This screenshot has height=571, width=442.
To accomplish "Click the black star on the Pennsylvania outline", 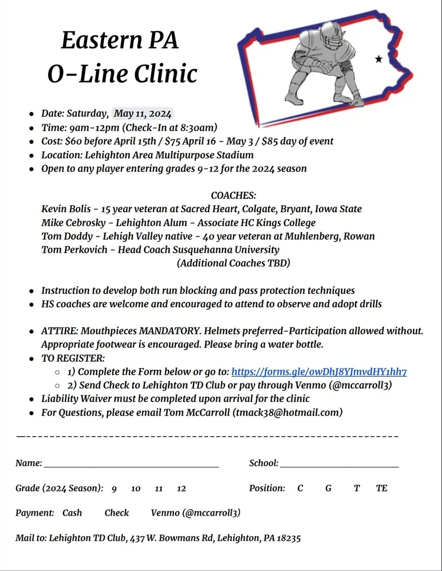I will [x=379, y=59].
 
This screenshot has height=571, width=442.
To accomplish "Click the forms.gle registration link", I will [x=319, y=372].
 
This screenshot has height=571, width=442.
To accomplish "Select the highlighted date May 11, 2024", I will [x=143, y=114].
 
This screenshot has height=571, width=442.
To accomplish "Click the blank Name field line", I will [x=131, y=464].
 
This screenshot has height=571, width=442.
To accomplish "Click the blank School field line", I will [x=339, y=464].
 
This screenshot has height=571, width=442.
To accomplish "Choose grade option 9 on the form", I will [x=114, y=489].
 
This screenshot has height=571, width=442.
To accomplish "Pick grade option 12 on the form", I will [x=182, y=489].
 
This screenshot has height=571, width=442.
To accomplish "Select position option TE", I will [x=381, y=488].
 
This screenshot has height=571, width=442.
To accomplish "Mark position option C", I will [x=300, y=488].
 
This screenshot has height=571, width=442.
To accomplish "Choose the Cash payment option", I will [x=72, y=513].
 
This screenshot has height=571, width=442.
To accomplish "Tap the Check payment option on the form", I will [x=117, y=513].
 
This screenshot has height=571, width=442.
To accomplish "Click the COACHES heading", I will [x=233, y=195].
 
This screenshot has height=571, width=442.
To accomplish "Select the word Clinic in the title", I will [x=166, y=73].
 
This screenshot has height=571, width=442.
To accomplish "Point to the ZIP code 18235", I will [x=289, y=538].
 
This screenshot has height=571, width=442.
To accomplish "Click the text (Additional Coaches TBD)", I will [x=234, y=263].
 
